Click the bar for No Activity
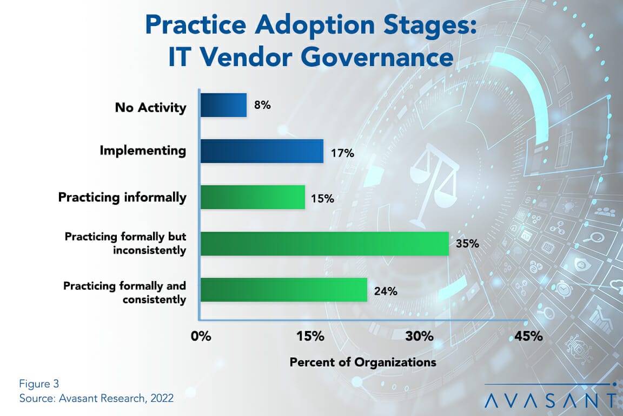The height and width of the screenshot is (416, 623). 223,105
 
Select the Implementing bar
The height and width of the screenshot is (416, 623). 262,151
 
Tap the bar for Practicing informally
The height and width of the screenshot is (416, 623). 253,197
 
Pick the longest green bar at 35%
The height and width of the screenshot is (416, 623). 324,243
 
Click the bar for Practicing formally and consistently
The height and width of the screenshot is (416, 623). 284,289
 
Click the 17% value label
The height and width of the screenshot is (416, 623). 342,153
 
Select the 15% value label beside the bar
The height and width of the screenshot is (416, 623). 322,199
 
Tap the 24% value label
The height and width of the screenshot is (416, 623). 386,291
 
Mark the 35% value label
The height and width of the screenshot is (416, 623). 468,243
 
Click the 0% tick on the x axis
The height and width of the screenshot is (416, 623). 201,336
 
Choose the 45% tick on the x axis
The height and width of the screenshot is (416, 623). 528,336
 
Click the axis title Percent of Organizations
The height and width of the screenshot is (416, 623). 363,362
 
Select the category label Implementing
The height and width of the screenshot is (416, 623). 143,151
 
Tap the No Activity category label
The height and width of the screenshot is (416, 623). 150,107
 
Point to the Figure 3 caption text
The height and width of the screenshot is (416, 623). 38,385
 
